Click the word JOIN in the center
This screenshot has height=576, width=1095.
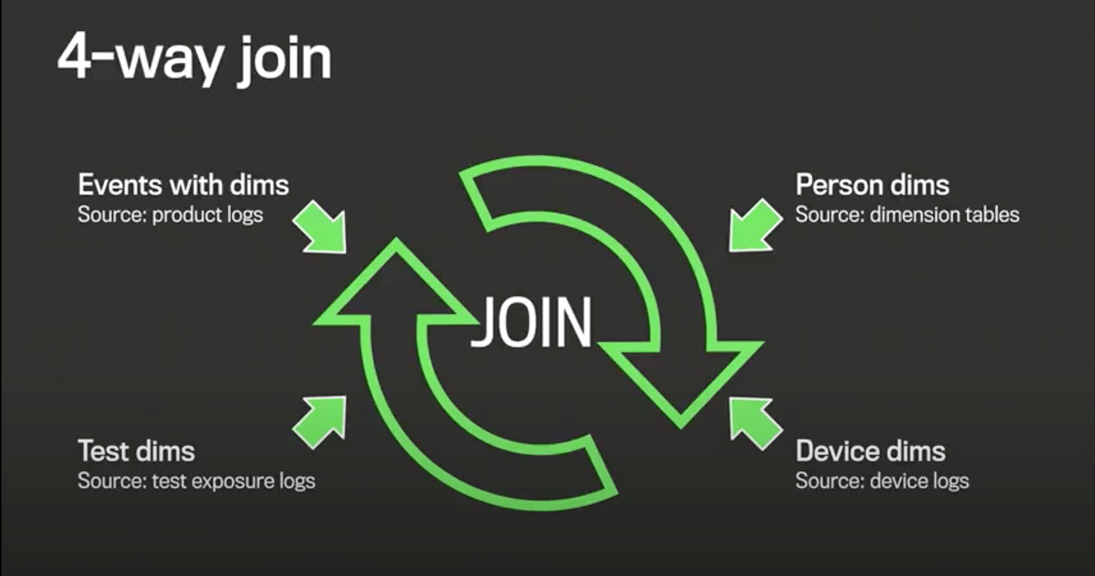pos(532,322)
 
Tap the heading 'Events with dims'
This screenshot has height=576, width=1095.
pos(183,185)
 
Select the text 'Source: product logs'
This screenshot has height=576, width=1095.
pos(170,215)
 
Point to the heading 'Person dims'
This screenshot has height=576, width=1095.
pos(872,185)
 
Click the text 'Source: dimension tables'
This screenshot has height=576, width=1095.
pos(907,215)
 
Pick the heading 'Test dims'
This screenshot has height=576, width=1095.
pos(136,451)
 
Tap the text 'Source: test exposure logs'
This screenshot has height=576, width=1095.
pos(196,481)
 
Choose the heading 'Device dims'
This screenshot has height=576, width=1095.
pos(871,451)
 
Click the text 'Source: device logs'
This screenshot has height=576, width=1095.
pos(882,481)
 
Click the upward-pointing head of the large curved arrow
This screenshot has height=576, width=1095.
pos(395,284)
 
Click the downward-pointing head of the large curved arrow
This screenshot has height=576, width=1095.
pos(680,382)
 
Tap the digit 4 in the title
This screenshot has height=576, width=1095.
pos(74,57)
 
